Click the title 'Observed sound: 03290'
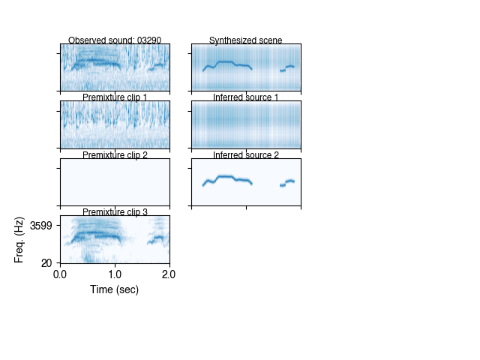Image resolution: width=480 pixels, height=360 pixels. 114,40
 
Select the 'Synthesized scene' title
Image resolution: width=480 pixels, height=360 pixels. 246,40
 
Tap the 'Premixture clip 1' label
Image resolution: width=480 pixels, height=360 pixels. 115,97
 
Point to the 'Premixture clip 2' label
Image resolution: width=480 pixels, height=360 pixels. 115,155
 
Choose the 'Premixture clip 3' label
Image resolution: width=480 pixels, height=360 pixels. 115,212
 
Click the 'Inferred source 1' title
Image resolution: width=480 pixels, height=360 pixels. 246,97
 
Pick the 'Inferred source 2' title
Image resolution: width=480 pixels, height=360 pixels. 246,155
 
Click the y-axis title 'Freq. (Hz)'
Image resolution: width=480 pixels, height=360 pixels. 19,239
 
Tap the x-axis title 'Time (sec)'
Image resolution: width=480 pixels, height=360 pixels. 114,289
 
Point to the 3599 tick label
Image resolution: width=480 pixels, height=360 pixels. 41,225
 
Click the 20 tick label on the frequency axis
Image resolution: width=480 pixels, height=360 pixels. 46,262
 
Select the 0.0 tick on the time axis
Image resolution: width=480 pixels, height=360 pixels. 61,274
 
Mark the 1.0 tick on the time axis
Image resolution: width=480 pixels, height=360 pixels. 115,274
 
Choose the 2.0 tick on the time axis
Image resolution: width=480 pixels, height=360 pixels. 169,274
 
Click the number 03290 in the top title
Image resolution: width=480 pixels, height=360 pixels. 147,40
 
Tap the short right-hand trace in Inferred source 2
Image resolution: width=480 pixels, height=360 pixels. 288,181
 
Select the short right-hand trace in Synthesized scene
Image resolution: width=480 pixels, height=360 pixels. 288,67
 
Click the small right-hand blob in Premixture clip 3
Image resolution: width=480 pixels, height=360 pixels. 157,239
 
